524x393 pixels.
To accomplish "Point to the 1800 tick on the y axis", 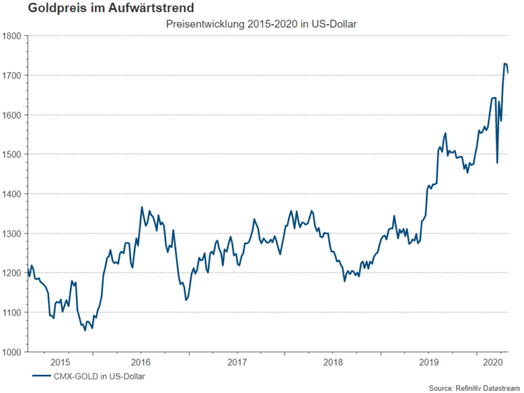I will [x=12, y=36].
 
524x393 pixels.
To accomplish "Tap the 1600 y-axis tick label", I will [x=12, y=115].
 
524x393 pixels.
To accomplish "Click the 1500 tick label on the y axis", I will [x=12, y=154].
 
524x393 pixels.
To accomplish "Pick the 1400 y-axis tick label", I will [x=12, y=194].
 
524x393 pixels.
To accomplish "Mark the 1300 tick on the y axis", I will [x=12, y=233].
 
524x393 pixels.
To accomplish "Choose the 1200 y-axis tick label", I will [x=12, y=273].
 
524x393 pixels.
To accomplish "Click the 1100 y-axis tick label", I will [x=12, y=312].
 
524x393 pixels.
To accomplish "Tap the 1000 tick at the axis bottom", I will [x=12, y=352].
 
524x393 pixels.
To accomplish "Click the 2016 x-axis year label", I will [x=142, y=361].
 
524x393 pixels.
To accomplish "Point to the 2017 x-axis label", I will [x=237, y=361].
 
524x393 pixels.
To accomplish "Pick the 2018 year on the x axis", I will [x=333, y=361].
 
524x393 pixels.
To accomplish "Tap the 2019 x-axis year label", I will [x=428, y=361].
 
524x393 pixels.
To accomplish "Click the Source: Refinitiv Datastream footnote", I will [x=474, y=387].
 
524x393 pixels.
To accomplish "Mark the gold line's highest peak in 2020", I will [x=505, y=64].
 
